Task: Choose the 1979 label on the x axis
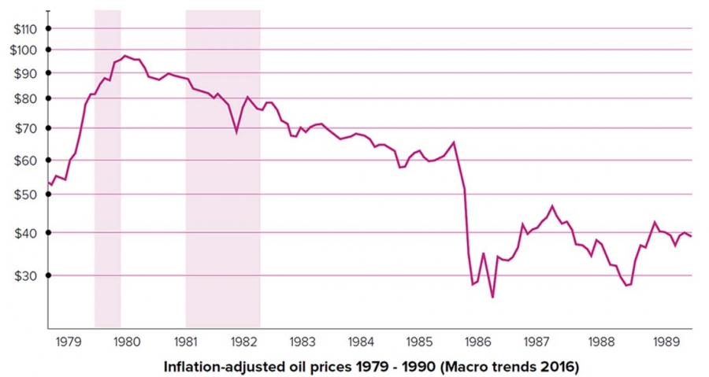[69, 342]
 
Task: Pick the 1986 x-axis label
[477, 342]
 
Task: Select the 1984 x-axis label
[361, 342]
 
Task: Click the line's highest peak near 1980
[124, 56]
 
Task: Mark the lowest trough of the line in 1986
[492, 297]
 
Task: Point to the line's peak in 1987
[552, 206]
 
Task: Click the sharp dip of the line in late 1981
[236, 131]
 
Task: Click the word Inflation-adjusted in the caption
[217, 367]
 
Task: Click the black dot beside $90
[48, 72]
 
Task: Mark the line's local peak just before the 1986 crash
[454, 142]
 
